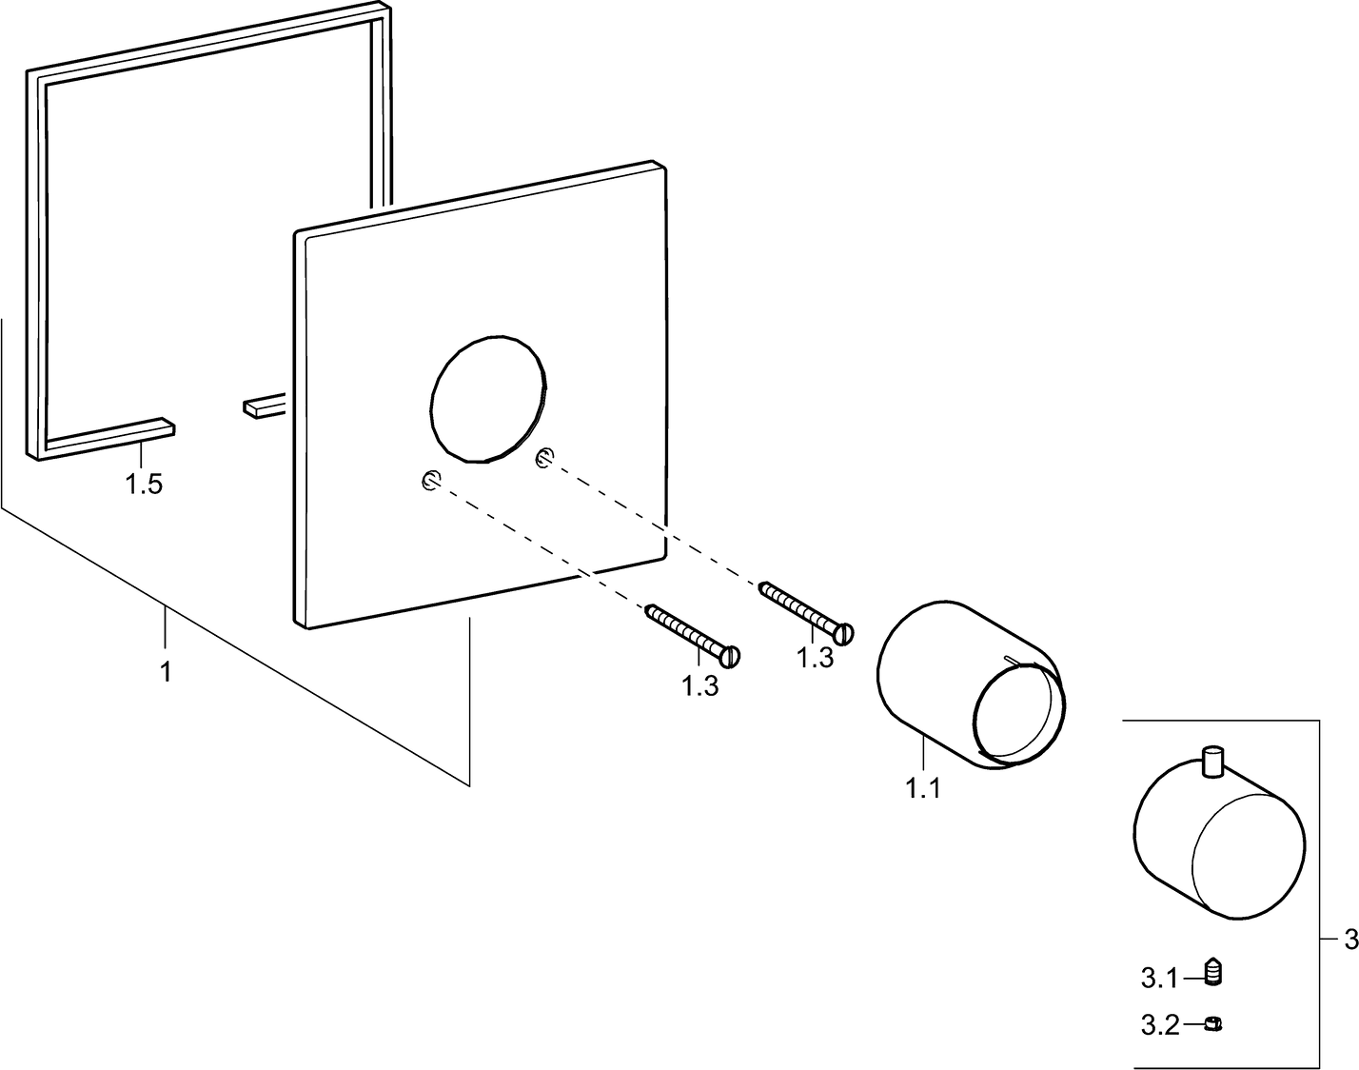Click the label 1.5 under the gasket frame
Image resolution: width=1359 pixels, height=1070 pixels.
[x=144, y=485]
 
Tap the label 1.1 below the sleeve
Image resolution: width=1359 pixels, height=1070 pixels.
[x=923, y=788]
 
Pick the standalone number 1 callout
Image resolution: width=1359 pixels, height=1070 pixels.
[x=166, y=671]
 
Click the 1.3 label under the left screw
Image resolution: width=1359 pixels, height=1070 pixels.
[x=700, y=685]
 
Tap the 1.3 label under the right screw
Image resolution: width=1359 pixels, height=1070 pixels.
[x=815, y=658]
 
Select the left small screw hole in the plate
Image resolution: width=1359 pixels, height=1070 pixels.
[x=429, y=482]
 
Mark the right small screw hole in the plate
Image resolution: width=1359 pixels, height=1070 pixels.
[x=543, y=458]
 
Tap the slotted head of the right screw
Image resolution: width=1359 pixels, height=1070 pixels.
[x=844, y=633]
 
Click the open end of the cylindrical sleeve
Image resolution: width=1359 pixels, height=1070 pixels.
[x=1018, y=714]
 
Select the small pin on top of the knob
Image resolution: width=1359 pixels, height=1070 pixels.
[x=1213, y=762]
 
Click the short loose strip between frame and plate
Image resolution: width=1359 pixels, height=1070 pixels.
[x=265, y=406]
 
